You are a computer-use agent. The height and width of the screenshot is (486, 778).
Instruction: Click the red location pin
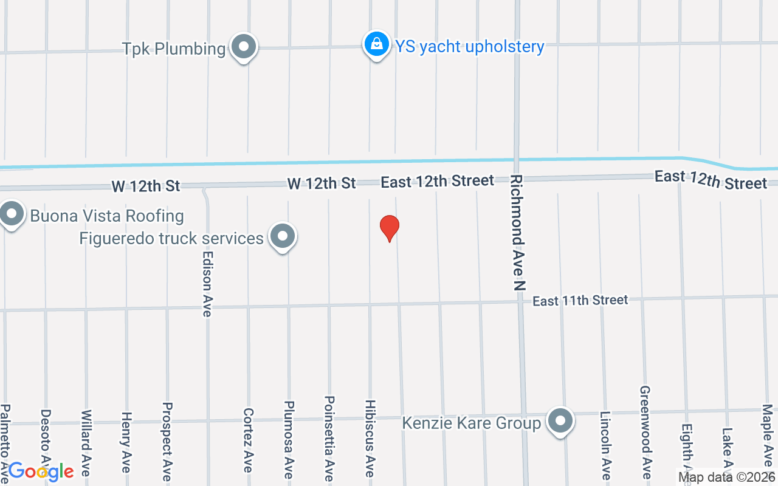tap(390, 228)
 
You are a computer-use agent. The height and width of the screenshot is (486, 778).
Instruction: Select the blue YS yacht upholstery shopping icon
tap(377, 44)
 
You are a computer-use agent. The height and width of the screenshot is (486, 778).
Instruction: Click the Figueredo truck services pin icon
tap(282, 236)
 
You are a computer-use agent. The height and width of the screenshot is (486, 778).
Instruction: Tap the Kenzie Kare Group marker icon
tap(560, 421)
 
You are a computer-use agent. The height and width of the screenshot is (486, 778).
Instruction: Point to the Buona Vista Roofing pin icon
tap(11, 214)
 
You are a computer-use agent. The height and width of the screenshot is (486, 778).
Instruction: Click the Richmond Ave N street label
tap(517, 233)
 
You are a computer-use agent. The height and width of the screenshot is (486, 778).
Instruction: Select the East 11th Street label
tap(580, 300)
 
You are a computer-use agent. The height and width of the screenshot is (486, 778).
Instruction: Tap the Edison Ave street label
tap(207, 284)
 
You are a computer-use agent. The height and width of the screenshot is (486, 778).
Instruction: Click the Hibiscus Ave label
tap(370, 438)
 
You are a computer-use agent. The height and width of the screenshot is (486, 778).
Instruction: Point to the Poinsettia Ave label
tap(329, 439)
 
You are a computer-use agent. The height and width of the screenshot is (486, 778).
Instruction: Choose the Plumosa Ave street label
tap(289, 440)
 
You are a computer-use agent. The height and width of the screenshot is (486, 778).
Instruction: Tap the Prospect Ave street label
tap(167, 441)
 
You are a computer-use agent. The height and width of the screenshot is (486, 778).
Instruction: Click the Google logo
tap(41, 471)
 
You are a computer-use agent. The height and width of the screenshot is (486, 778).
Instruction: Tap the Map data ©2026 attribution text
tap(726, 477)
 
